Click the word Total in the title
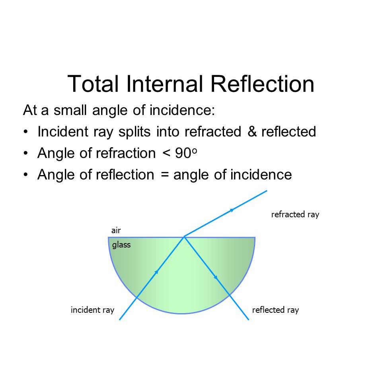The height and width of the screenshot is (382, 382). [x=93, y=84]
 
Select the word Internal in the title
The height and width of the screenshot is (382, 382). [x=164, y=84]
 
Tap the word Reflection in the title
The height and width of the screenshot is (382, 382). [x=262, y=84]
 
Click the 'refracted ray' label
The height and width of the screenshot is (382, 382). [x=295, y=214]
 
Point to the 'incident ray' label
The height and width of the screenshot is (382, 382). [x=92, y=310]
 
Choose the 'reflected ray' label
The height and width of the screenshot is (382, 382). [x=275, y=310]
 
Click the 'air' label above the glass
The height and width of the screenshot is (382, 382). [x=116, y=230]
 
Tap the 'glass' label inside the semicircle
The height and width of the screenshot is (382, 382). [x=121, y=245]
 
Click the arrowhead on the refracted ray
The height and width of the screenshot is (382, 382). [x=232, y=210]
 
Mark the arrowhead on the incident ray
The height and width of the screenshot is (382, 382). [x=157, y=272]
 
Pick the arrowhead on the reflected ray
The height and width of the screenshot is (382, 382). [x=216, y=277]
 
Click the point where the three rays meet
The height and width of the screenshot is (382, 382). [x=184, y=236]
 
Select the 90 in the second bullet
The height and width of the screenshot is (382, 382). [x=183, y=153]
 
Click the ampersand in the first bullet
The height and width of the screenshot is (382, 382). [x=252, y=132]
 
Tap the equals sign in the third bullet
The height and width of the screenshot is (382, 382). [x=165, y=175]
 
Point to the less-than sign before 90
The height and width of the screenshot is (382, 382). [x=166, y=153]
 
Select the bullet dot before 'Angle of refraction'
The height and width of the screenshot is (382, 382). [x=26, y=154]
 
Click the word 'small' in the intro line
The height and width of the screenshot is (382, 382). [x=70, y=110]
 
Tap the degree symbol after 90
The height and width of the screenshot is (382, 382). [x=195, y=151]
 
